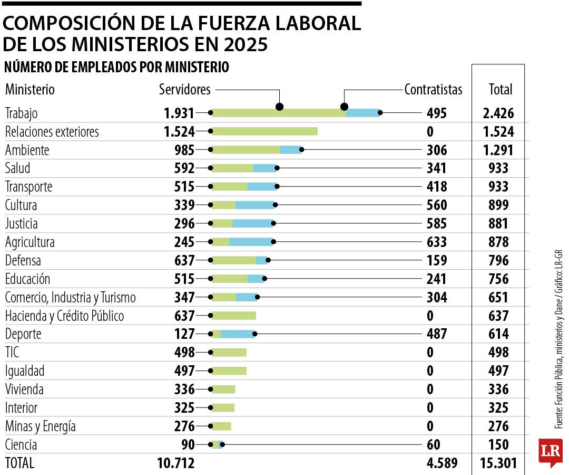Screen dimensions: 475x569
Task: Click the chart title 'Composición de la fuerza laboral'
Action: tap(182, 23)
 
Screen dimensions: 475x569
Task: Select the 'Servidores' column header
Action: tap(184, 90)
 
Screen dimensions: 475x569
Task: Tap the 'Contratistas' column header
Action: tap(433, 90)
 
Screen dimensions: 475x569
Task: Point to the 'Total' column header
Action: tap(500, 90)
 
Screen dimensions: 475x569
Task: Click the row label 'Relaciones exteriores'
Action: tap(52, 131)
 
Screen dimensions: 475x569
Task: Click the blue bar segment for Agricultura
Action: tap(251, 242)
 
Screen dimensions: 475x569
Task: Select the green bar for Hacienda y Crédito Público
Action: tap(233, 316)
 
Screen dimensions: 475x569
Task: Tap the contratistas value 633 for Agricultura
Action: tap(437, 242)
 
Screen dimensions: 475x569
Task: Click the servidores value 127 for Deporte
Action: tap(184, 334)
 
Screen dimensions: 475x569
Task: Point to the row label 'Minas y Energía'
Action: tap(40, 426)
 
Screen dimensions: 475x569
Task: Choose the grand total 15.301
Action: tap(498, 463)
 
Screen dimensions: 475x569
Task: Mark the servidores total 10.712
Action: tap(176, 463)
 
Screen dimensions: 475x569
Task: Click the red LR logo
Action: tap(550, 451)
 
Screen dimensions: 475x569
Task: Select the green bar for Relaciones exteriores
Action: tap(264, 131)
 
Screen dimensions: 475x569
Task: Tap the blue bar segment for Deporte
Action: tap(237, 334)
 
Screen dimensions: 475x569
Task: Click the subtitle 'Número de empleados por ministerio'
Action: tap(116, 68)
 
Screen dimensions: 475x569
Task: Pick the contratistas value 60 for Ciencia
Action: tap(433, 444)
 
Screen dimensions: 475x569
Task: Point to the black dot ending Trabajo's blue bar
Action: tap(380, 112)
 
